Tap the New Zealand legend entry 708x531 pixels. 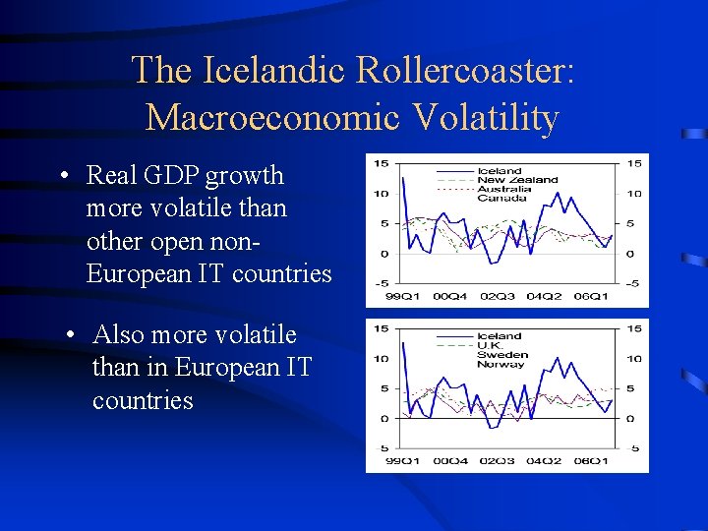pos(517,180)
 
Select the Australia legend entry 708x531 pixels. pos(504,189)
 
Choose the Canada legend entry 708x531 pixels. pos(501,198)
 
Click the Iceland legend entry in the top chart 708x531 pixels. pos(500,171)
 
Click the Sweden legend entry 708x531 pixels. pos(502,354)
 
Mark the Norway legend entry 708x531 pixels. pos(501,364)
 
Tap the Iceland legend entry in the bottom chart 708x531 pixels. pos(500,336)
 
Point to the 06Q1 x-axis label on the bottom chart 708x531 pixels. pos(591,461)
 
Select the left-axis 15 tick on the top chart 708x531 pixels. pos(380,163)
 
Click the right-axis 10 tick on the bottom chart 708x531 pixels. pos(634,359)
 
